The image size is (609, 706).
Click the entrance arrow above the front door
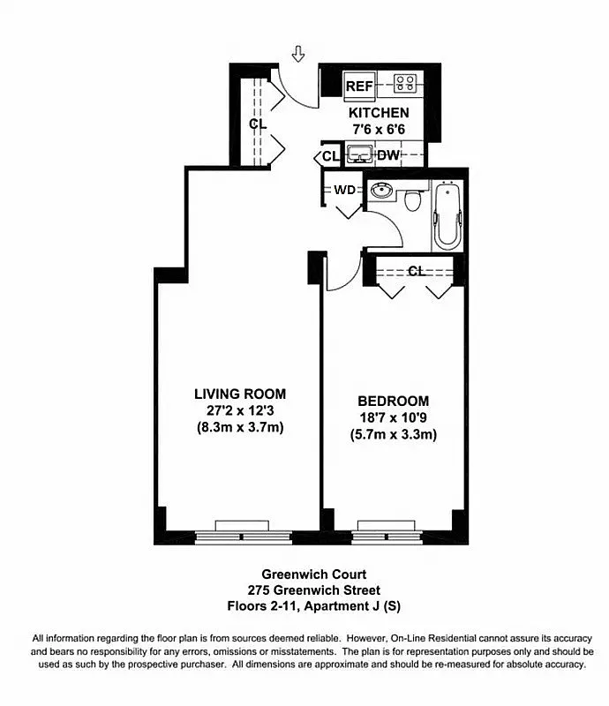[x=298, y=55]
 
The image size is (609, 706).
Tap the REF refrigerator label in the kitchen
[x=358, y=86]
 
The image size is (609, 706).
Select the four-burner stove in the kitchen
[x=405, y=85]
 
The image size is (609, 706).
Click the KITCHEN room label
[x=379, y=113]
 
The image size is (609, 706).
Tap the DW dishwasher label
[x=388, y=156]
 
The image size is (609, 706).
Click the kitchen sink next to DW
[x=358, y=156]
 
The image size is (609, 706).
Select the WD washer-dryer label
[x=343, y=191]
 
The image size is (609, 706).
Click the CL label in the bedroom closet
[x=416, y=271]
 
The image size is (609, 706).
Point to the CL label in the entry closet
[x=257, y=124]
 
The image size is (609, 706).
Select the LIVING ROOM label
[x=240, y=394]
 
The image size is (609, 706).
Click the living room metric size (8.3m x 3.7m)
[x=240, y=427]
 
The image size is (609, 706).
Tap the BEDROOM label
[x=394, y=400]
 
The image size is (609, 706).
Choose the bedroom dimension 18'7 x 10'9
[x=394, y=417]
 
